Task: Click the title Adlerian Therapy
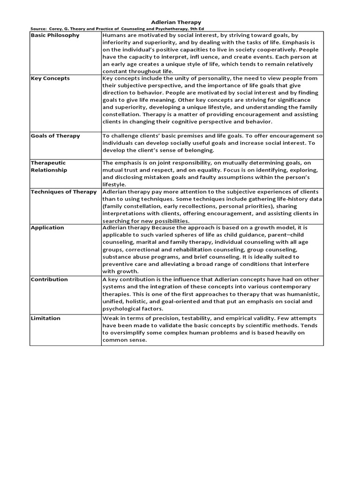(x=176, y=22)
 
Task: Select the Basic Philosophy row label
(x=55, y=35)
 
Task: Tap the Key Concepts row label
(x=50, y=78)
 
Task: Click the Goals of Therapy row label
(x=55, y=136)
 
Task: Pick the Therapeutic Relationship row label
(x=49, y=166)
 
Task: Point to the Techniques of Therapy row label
(x=64, y=192)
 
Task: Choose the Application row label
(x=47, y=228)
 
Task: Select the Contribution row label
(x=49, y=279)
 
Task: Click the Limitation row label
(x=45, y=318)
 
